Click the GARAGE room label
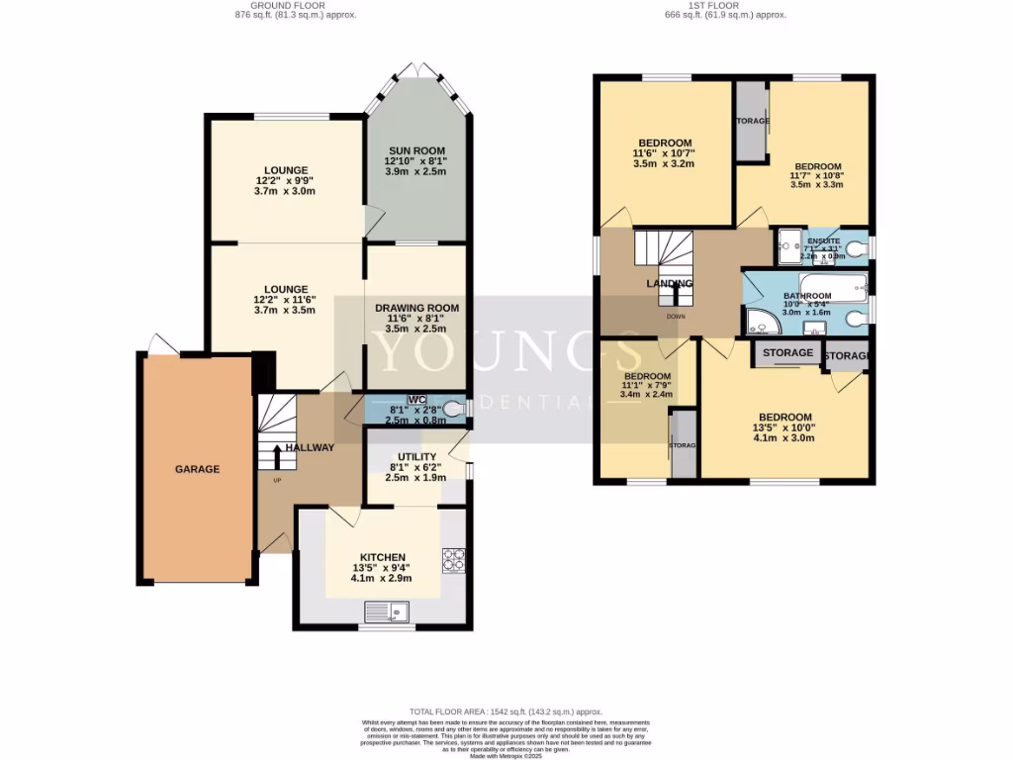(197, 469)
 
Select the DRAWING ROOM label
(416, 308)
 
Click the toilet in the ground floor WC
(454, 408)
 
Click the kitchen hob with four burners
(454, 560)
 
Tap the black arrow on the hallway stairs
(276, 455)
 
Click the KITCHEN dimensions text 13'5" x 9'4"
(382, 568)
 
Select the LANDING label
(670, 283)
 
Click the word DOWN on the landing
(676, 317)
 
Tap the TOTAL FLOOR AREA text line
(506, 712)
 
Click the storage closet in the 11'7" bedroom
(752, 122)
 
